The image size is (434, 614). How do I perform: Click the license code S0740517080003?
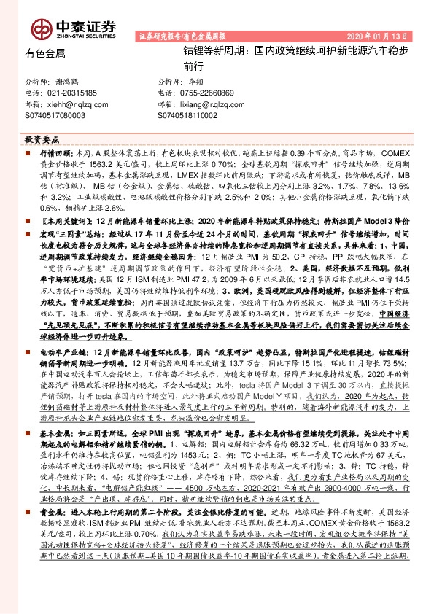[55, 115]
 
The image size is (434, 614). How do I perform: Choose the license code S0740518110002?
[187, 115]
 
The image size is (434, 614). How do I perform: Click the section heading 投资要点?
[42, 138]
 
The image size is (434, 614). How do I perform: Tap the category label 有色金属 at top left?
[44, 53]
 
